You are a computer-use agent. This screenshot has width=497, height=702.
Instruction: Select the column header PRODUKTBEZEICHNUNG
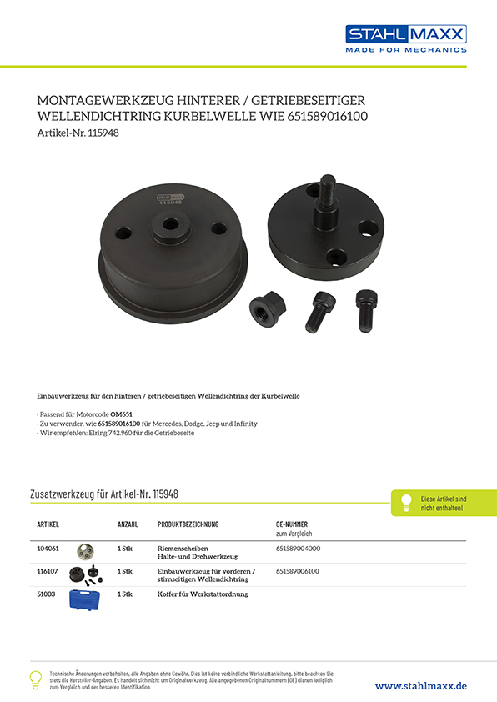point(188,524)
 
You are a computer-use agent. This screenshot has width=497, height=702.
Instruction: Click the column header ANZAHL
point(127,524)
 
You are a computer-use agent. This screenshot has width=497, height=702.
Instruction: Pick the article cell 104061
point(48,548)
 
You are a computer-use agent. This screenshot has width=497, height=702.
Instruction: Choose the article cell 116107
point(48,571)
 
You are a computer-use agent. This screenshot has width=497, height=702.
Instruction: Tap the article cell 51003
point(47,594)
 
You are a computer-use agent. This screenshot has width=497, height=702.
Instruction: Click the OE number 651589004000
point(298,548)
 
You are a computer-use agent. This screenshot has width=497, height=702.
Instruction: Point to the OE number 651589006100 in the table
point(298,571)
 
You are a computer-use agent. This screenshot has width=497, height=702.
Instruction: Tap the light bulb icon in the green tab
point(406,502)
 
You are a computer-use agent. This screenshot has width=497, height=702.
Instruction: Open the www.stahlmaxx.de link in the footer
point(420,685)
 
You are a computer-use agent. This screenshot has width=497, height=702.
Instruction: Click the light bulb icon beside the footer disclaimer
point(35,679)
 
